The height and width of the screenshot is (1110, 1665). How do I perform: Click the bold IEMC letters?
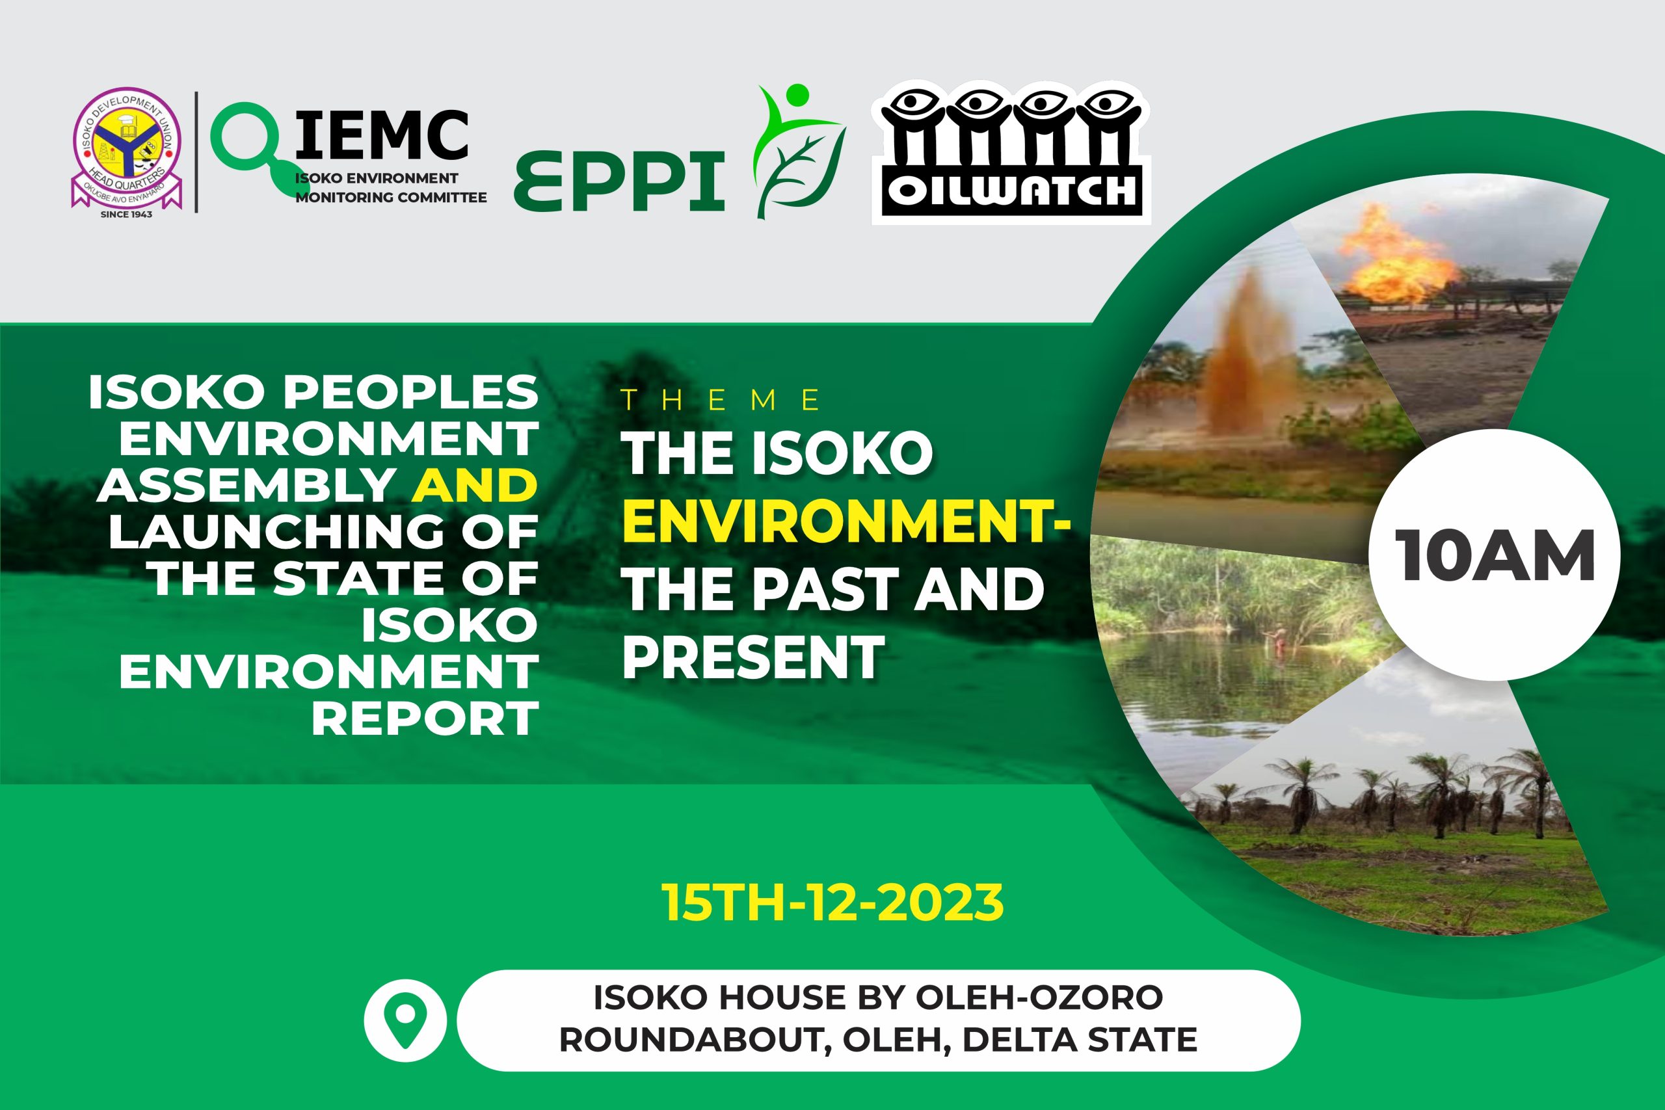(381, 135)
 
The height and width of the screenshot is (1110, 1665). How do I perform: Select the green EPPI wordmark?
(619, 181)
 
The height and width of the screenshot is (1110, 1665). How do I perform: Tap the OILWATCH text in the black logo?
(1011, 191)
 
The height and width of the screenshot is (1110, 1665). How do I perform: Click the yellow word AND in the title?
(475, 485)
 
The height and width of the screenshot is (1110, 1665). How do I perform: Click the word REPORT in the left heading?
(425, 718)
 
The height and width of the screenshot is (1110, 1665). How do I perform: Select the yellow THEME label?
(721, 401)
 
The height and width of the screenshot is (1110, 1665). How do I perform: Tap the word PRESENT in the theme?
(753, 657)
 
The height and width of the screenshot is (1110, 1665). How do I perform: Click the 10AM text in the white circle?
(1495, 556)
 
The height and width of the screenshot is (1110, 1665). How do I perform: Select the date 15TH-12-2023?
(832, 902)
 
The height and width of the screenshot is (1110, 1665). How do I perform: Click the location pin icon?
(405, 1020)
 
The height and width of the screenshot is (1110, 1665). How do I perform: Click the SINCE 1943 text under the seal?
(126, 214)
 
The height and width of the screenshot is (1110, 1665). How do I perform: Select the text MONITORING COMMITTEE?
(391, 198)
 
